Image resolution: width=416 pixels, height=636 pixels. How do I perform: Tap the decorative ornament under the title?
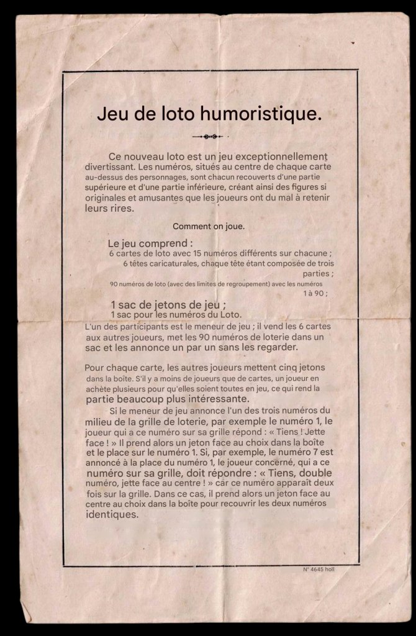pos(209,136)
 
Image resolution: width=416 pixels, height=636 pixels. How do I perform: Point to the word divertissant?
pos(109,167)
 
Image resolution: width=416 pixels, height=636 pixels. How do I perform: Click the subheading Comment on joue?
pos(208,227)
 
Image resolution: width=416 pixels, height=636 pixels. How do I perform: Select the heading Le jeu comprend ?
pos(150,243)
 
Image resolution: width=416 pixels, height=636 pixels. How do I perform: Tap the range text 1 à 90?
pos(315,294)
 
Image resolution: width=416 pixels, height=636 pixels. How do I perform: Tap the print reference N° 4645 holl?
pos(319,569)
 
